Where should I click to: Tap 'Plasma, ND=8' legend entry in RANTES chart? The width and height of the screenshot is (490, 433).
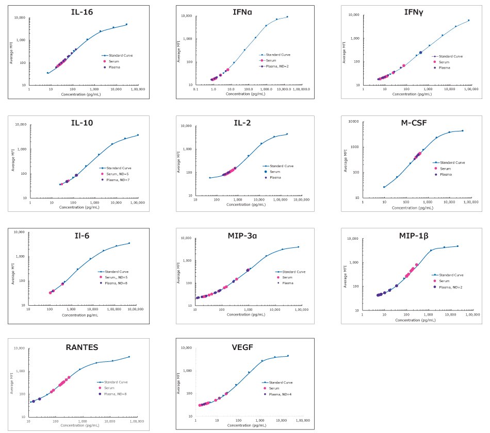[115, 394]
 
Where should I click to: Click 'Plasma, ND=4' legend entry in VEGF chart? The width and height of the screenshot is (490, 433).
[281, 394]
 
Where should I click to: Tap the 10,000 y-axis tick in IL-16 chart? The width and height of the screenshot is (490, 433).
[19, 18]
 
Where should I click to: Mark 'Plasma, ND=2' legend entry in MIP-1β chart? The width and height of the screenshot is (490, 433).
[450, 287]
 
